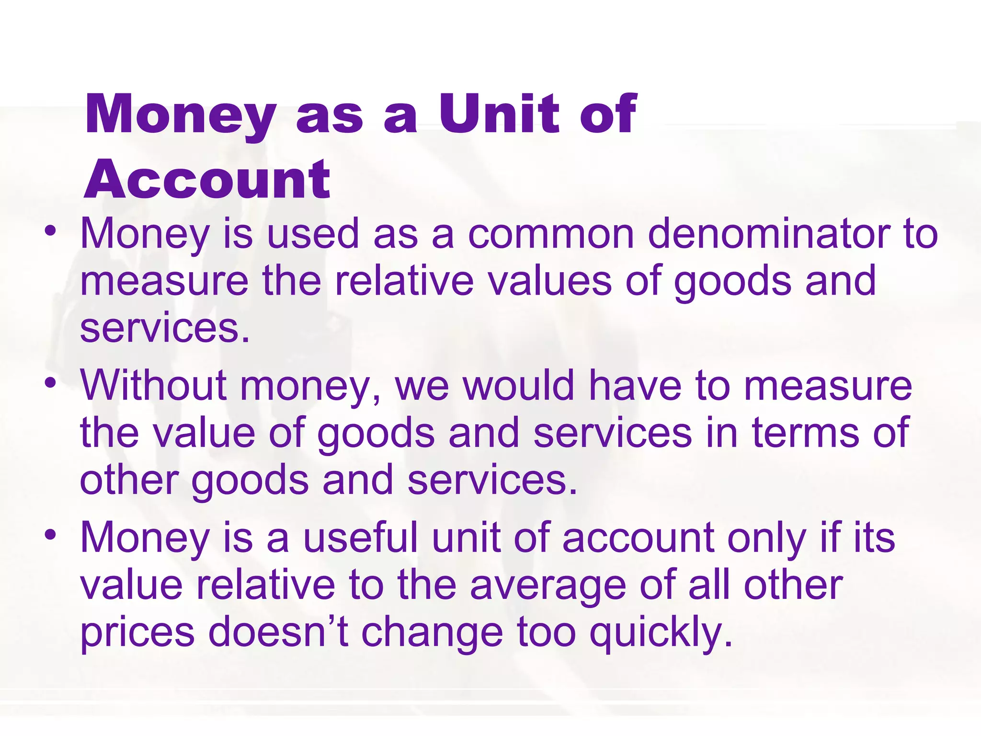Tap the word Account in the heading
click(x=206, y=180)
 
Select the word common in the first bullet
click(x=550, y=234)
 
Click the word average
click(x=548, y=585)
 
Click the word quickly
click(x=661, y=632)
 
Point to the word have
click(x=635, y=386)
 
